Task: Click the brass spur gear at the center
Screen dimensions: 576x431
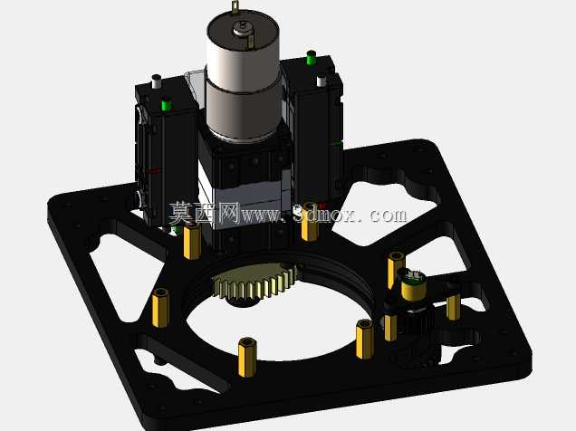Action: pos(254,283)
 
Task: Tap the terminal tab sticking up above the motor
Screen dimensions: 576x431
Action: pos(235,7)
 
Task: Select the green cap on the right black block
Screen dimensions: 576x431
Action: pos(312,57)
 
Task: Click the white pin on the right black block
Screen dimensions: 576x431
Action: pos(322,80)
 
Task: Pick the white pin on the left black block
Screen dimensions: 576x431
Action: pos(156,81)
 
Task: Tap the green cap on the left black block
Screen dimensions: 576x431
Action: pos(167,104)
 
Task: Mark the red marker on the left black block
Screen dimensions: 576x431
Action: pos(154,171)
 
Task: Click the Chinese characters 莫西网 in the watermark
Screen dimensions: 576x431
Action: pos(205,214)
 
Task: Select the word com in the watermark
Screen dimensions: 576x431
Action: pos(388,215)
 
